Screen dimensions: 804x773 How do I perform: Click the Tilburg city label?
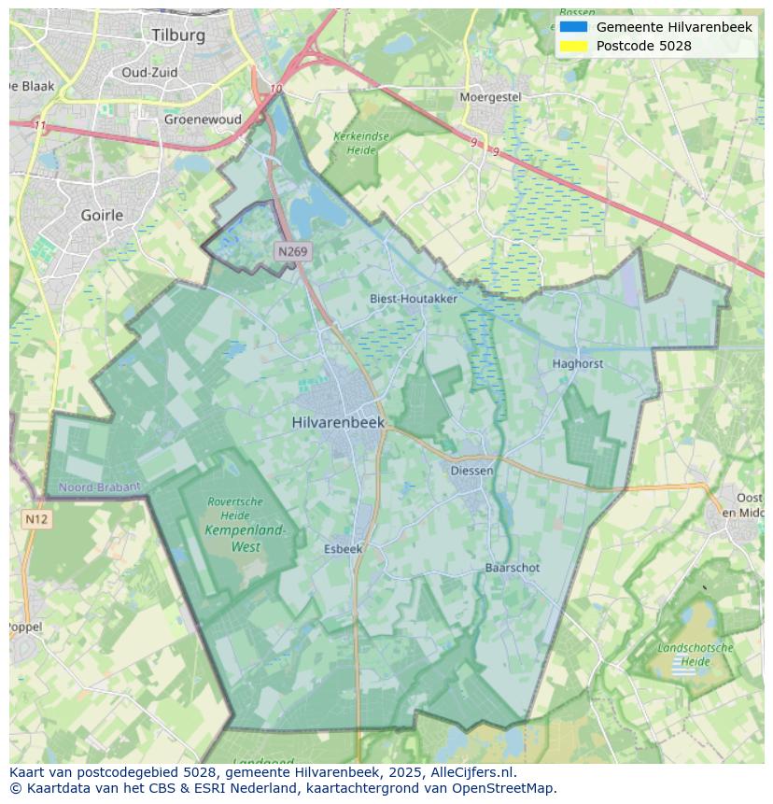[x=177, y=35]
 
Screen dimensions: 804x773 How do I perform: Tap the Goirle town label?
[x=102, y=215]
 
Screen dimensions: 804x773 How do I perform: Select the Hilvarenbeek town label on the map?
[x=338, y=422]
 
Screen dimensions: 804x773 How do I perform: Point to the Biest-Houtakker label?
[x=414, y=299]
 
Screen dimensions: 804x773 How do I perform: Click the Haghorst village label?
[x=577, y=363]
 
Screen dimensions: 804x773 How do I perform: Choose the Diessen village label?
[x=471, y=471]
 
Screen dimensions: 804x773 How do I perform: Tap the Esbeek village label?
[x=343, y=549]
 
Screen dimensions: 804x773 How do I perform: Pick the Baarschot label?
[x=512, y=568]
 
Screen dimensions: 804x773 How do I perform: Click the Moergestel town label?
[x=490, y=97]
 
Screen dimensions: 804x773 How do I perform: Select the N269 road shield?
[x=292, y=251]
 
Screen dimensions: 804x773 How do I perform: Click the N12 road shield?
[x=35, y=519]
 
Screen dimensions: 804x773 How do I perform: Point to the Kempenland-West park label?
[x=246, y=539]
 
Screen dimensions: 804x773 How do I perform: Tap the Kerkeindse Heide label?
[x=361, y=143]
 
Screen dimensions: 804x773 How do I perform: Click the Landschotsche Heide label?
[x=695, y=655]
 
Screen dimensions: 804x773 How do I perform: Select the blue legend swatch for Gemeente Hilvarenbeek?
[x=574, y=27]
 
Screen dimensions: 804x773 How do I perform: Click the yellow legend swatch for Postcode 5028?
[x=574, y=46]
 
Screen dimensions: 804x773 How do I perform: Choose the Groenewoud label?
[x=203, y=120]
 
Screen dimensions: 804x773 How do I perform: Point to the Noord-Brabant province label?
[x=99, y=487]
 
